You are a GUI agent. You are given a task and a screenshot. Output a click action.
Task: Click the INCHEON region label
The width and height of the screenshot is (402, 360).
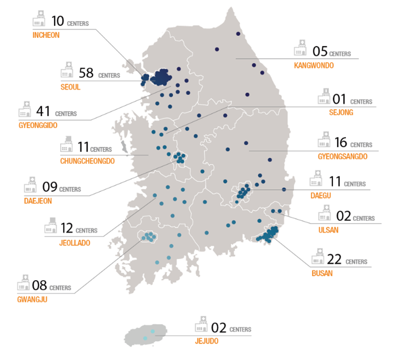click(x=46, y=35)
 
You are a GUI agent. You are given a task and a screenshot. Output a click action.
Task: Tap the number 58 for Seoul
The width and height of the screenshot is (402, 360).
click(x=86, y=73)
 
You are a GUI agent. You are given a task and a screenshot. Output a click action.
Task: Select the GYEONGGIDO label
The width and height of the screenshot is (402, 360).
click(x=37, y=125)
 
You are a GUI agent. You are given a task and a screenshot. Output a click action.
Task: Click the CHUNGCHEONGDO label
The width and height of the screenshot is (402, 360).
click(x=87, y=161)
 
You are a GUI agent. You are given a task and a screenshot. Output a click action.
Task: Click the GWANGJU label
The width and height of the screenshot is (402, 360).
click(x=32, y=298)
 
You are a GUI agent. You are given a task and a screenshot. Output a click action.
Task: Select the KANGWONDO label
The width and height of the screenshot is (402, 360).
click(x=313, y=65)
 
